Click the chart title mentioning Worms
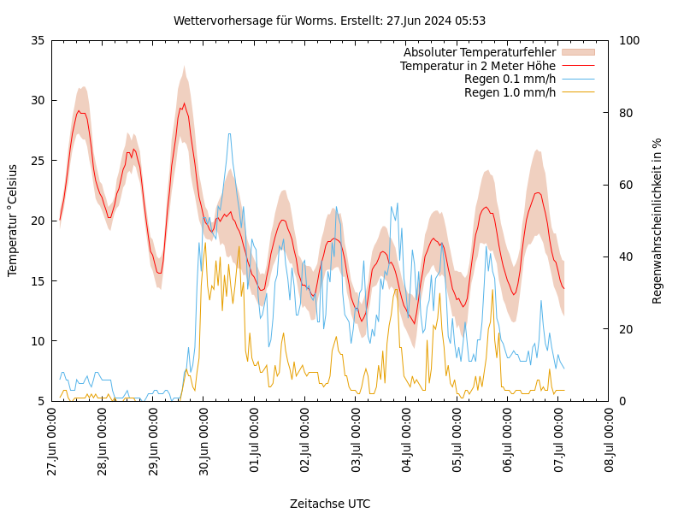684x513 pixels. [329, 21]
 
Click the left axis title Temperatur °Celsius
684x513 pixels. [13, 221]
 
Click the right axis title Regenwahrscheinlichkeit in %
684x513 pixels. [657, 221]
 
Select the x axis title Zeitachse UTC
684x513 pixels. [330, 504]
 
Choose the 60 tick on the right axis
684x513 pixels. [625, 185]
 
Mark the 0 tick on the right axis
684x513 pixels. [622, 401]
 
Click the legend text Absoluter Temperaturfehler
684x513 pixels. [479, 52]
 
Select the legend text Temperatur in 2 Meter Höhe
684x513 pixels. [477, 66]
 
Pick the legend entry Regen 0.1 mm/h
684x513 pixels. [510, 79]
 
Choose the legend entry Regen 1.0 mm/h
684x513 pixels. [510, 91]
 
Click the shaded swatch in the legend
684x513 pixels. [577, 52]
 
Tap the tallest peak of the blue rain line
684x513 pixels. [229, 134]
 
